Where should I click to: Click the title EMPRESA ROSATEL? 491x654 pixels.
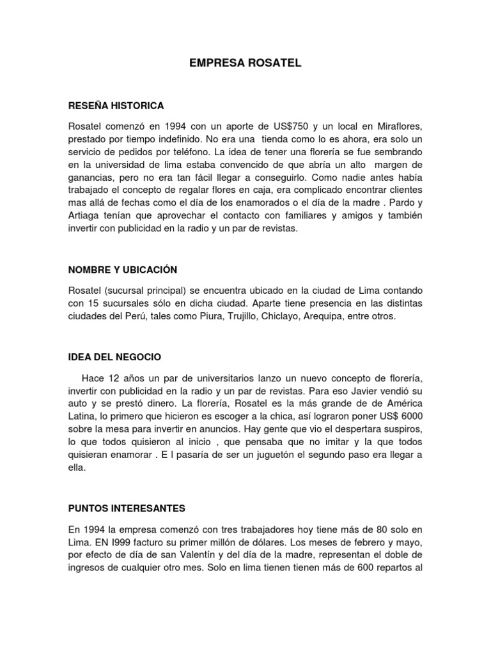pos(245,64)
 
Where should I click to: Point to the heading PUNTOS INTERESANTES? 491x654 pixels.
pos(126,508)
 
